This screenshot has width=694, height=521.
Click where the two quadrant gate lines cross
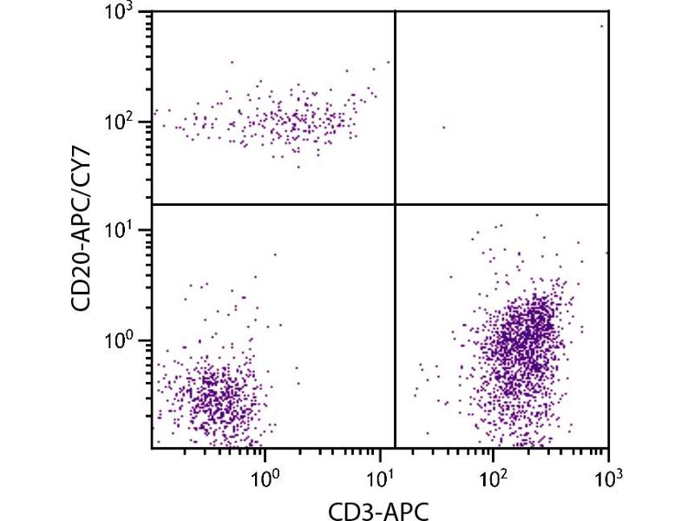click(396, 204)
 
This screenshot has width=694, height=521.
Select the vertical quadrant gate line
click(396, 330)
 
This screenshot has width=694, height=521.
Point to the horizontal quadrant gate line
click(260, 204)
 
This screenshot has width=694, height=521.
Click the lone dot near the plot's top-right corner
click(601, 26)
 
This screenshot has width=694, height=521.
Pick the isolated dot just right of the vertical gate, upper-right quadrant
click(443, 127)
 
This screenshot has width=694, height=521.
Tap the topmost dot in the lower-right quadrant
click(536, 214)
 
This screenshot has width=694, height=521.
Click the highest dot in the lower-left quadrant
click(275, 254)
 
